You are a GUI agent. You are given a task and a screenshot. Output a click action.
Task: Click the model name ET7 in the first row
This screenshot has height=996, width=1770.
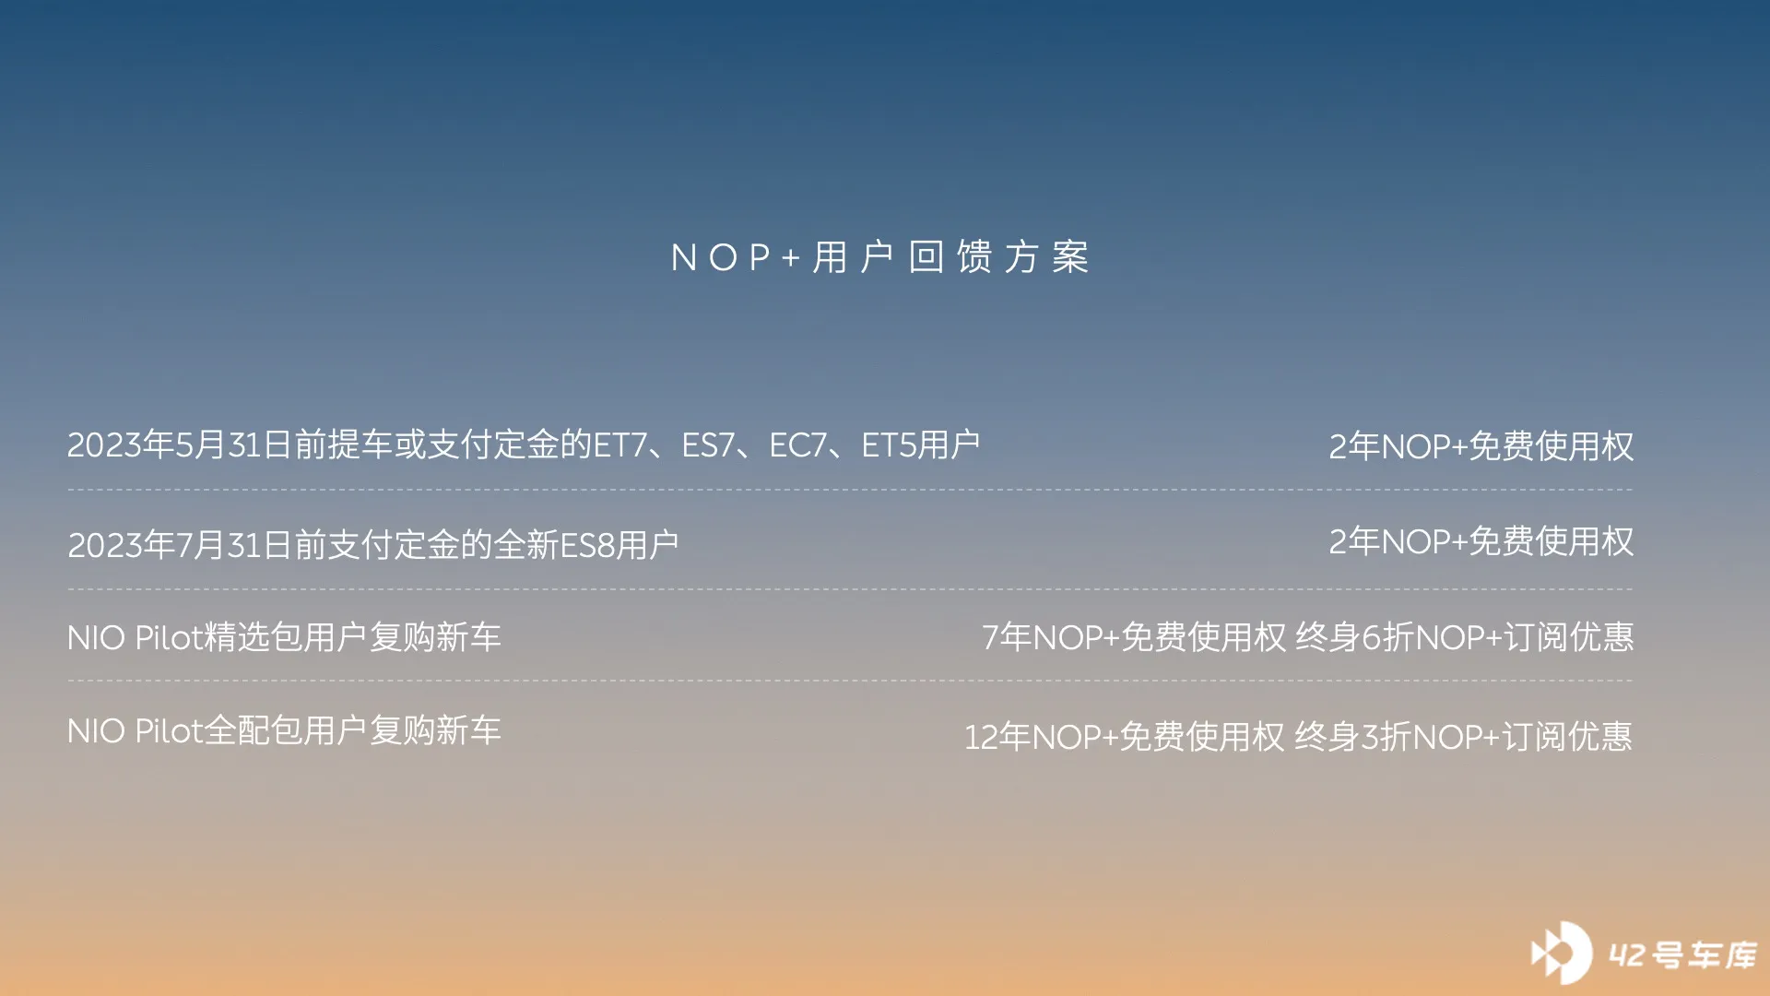pos(619,445)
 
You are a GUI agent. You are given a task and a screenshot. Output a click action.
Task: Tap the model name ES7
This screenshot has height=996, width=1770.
pos(707,445)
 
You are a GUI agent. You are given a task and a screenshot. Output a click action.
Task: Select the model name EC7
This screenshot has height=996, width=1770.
pos(797,445)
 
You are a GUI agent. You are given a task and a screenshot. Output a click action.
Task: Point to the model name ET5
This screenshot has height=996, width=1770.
pos(889,445)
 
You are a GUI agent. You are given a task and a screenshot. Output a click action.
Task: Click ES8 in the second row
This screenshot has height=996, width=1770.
pos(587,545)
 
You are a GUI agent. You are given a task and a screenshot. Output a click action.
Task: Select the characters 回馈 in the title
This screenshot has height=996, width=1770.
pos(950,257)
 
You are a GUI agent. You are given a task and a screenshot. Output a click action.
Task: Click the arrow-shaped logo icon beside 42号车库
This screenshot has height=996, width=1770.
pos(1561,953)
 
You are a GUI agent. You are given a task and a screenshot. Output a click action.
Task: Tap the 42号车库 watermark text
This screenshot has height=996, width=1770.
pos(1683,955)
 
